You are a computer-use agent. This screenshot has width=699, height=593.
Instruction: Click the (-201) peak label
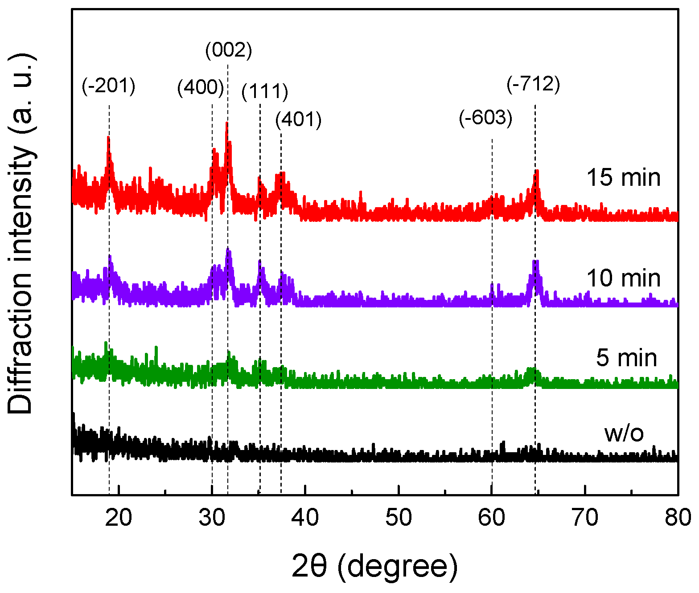(x=108, y=86)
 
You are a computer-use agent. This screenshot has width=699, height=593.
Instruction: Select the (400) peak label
(x=200, y=87)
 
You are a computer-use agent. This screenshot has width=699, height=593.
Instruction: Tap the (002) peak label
(x=229, y=50)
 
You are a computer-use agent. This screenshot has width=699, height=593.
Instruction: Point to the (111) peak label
(x=265, y=92)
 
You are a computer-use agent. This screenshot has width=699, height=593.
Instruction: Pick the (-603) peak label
(x=485, y=118)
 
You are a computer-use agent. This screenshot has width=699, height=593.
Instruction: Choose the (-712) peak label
(x=533, y=84)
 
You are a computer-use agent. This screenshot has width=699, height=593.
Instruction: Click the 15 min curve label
(x=623, y=177)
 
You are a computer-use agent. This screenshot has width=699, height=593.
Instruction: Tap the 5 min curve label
(x=626, y=358)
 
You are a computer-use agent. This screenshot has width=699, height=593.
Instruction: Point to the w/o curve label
(x=624, y=433)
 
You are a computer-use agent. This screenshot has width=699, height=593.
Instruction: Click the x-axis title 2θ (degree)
(x=374, y=566)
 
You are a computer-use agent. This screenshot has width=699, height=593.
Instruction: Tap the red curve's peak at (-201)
(x=108, y=138)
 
